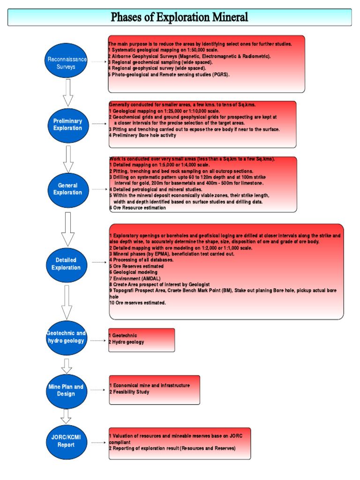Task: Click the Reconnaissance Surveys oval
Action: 67,63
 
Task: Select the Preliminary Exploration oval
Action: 67,124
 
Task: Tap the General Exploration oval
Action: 67,189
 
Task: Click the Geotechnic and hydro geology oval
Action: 66,337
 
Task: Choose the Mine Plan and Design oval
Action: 66,390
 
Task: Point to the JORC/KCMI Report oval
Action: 66,441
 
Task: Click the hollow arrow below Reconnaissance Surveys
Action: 68,92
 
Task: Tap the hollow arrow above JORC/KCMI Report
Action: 66,415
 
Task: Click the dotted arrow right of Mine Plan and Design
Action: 97,390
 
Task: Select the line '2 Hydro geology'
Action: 127,342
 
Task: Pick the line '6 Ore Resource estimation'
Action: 137,208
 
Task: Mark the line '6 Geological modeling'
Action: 134,272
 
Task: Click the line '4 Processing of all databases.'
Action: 141,260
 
